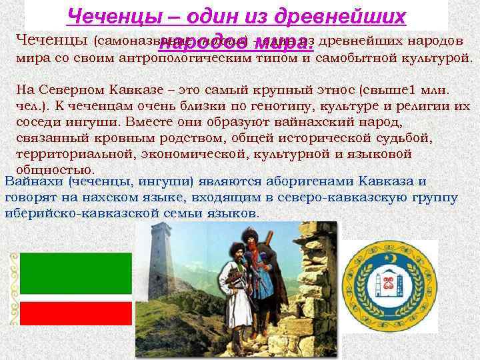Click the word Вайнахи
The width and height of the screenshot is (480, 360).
click(x=33, y=181)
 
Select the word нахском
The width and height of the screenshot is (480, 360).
click(x=117, y=197)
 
